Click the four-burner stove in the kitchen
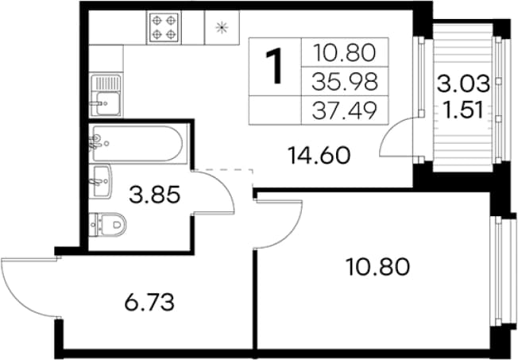(x=164, y=27)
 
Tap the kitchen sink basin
(x=108, y=103)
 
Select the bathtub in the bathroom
(x=137, y=143)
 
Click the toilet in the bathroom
(x=110, y=225)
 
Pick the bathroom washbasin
(x=101, y=181)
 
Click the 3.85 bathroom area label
(x=155, y=195)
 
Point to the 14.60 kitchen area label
(x=319, y=156)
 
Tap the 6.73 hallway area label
(x=149, y=303)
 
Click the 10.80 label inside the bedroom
(x=377, y=267)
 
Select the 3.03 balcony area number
(x=463, y=83)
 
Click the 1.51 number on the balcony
(x=463, y=110)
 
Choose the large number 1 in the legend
(x=274, y=65)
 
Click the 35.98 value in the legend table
(x=345, y=82)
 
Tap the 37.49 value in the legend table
(x=345, y=110)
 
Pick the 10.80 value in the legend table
(x=344, y=53)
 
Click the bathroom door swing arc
(x=226, y=187)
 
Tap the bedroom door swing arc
(x=294, y=231)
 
